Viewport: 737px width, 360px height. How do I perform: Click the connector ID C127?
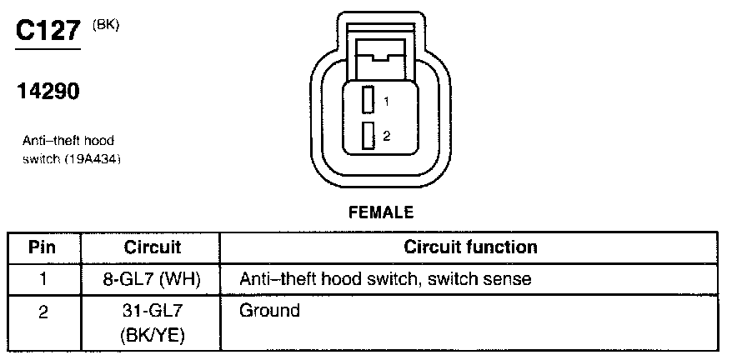pyautogui.click(x=48, y=31)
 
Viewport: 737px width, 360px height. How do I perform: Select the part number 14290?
pyautogui.click(x=48, y=92)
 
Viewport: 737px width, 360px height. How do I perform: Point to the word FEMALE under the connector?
pyautogui.click(x=380, y=213)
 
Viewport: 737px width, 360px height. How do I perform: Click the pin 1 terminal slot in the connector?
pyautogui.click(x=366, y=101)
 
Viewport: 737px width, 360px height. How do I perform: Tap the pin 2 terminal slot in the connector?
pyautogui.click(x=366, y=135)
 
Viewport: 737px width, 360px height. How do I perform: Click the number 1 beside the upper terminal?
pyautogui.click(x=386, y=102)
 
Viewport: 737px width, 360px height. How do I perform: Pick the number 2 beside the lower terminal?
pyautogui.click(x=386, y=135)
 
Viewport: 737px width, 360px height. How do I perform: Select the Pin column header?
pyautogui.click(x=43, y=247)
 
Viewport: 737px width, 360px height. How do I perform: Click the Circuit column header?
pyautogui.click(x=153, y=247)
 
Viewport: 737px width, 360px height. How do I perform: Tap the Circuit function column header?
pyautogui.click(x=470, y=247)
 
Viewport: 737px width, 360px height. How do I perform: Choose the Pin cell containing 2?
pyautogui.click(x=43, y=312)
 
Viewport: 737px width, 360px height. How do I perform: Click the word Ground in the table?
pyautogui.click(x=269, y=312)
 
